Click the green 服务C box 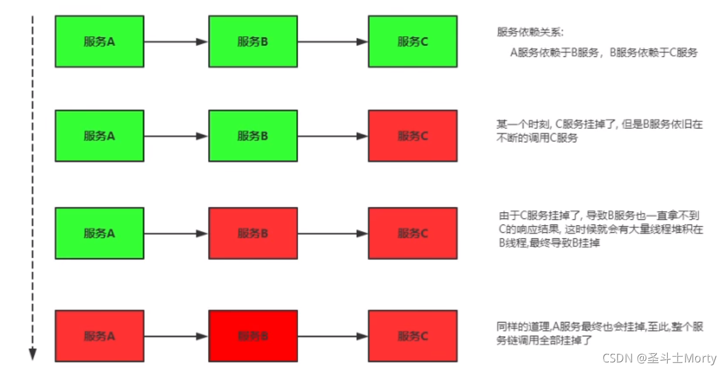412,42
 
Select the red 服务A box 99,336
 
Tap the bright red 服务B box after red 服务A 253,336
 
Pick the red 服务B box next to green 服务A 253,234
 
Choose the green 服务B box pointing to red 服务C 253,136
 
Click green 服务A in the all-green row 99,42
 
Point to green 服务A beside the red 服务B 99,234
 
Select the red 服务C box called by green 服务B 412,136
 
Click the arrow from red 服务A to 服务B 176,336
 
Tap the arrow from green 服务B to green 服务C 332,42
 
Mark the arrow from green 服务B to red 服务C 332,136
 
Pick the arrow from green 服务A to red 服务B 176,234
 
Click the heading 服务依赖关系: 530,32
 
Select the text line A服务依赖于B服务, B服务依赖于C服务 604,53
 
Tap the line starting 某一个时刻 600,124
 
